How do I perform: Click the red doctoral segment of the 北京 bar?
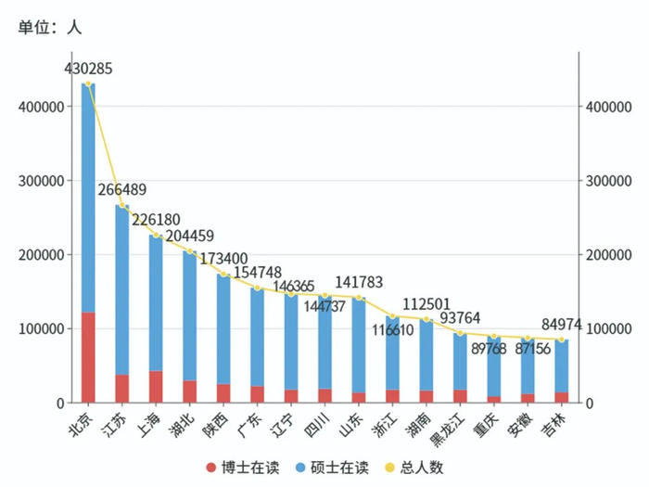tap(88, 357)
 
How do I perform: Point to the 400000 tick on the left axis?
tap(40, 107)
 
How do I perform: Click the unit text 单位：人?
tap(50, 27)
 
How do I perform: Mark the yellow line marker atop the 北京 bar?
tap(88, 84)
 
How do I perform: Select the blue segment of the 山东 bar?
tap(359, 343)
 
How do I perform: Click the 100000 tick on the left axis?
tap(40, 329)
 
